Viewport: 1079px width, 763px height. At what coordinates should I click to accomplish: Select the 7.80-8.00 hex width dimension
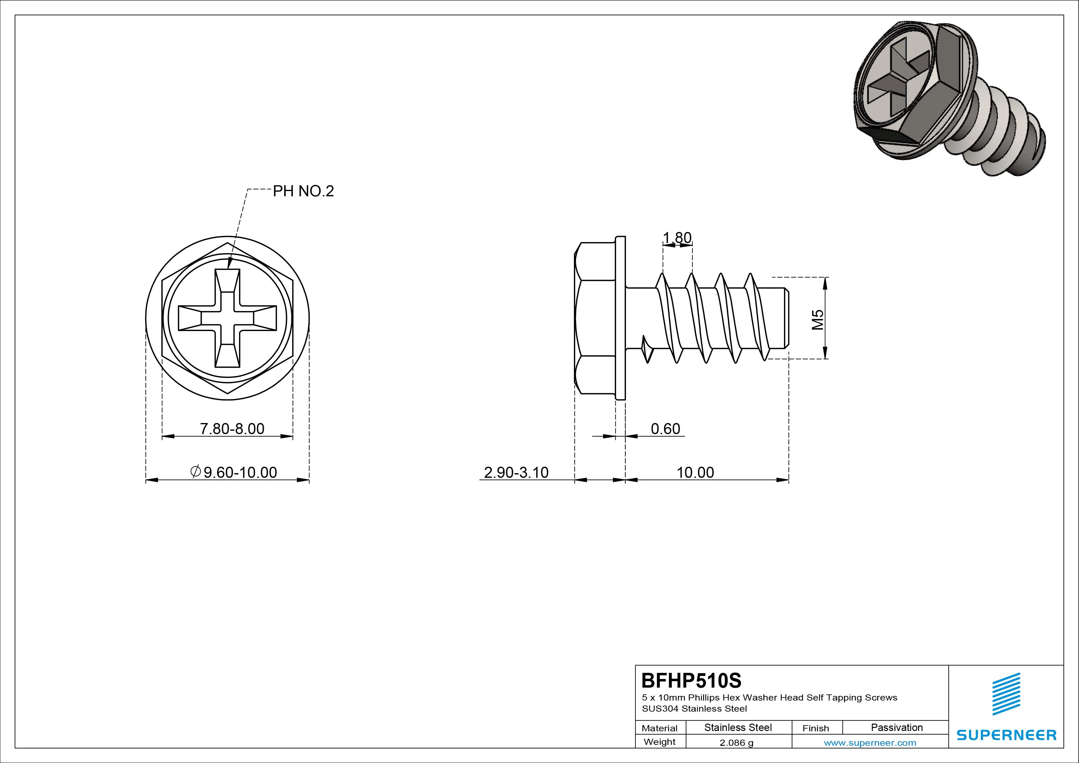pyautogui.click(x=232, y=429)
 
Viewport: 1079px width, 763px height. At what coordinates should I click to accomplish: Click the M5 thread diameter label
pyautogui.click(x=818, y=319)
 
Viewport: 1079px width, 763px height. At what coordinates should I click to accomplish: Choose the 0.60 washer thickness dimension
pyautogui.click(x=665, y=429)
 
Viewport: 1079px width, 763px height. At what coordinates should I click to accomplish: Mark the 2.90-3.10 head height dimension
pyautogui.click(x=516, y=472)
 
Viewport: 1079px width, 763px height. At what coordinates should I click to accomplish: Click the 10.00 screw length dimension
pyautogui.click(x=695, y=472)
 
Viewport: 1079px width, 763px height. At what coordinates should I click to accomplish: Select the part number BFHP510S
pyautogui.click(x=691, y=680)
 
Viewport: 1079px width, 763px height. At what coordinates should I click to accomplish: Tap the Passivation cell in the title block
pyautogui.click(x=897, y=728)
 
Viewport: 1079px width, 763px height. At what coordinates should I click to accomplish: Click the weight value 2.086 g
pyautogui.click(x=736, y=743)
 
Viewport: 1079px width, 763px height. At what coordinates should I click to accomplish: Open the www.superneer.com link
pyautogui.click(x=870, y=743)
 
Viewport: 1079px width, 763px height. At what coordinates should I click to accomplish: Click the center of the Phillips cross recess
pyautogui.click(x=227, y=318)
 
